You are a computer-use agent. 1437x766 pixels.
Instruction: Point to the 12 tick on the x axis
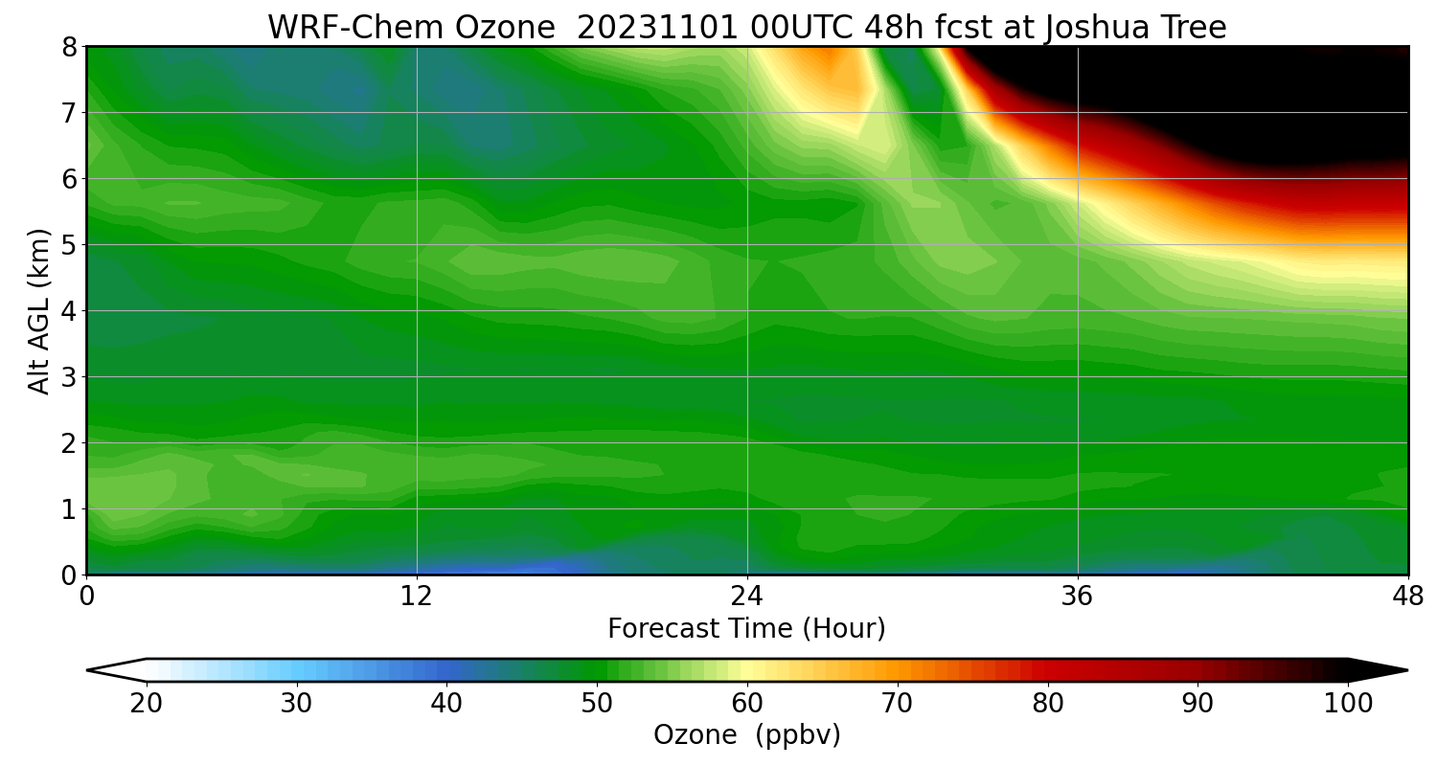pyautogui.click(x=417, y=597)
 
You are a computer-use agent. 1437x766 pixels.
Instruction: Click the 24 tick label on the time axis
pyautogui.click(x=747, y=597)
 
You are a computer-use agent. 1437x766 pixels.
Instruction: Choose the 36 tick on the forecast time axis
pyautogui.click(x=1078, y=597)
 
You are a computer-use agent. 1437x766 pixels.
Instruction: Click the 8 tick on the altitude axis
pyautogui.click(x=70, y=47)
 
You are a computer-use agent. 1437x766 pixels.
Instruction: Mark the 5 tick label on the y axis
pyautogui.click(x=70, y=245)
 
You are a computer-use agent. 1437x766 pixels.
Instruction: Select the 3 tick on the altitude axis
pyautogui.click(x=70, y=377)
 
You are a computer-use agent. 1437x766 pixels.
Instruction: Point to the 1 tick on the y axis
pyautogui.click(x=70, y=509)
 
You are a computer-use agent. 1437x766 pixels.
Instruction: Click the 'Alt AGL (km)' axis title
pyautogui.click(x=39, y=310)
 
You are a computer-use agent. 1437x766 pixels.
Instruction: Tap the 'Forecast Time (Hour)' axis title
pyautogui.click(x=746, y=629)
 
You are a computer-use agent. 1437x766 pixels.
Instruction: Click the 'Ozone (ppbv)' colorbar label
pyautogui.click(x=746, y=735)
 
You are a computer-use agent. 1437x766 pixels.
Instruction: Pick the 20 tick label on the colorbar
pyautogui.click(x=146, y=704)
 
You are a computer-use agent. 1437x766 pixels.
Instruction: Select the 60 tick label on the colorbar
pyautogui.click(x=747, y=704)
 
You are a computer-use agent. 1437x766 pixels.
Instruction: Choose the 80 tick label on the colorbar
pyautogui.click(x=1048, y=704)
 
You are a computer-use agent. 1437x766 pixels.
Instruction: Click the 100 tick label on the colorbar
pyautogui.click(x=1348, y=704)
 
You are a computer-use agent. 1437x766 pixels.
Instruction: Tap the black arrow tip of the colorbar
pyautogui.click(x=1384, y=670)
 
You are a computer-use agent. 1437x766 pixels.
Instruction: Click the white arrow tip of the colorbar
pyautogui.click(x=110, y=670)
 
